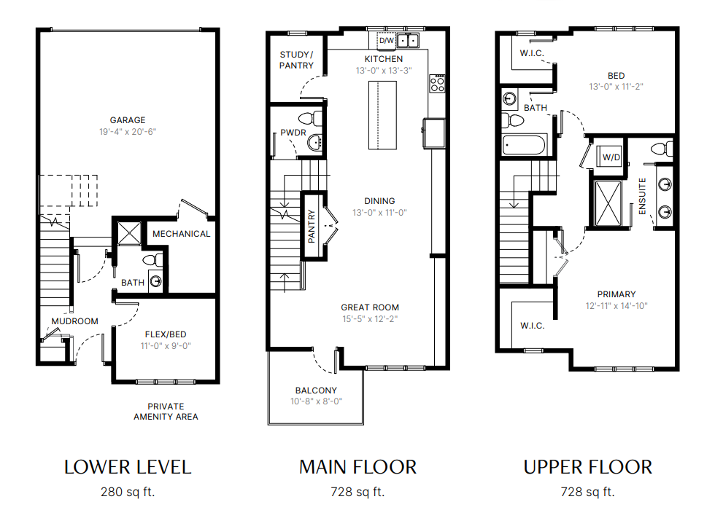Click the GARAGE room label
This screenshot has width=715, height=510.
[x=128, y=120]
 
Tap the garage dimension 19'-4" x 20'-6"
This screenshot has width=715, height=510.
[x=128, y=132]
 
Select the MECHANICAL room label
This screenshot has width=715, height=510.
[x=182, y=234]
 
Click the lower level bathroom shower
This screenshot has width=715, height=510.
[x=130, y=233]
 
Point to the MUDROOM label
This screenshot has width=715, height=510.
[x=74, y=321]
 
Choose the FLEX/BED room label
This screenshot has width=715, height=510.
[x=166, y=334]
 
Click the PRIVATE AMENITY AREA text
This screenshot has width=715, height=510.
[x=166, y=411]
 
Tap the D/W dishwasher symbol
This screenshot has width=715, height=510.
[x=386, y=41]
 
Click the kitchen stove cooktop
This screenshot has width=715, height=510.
[x=437, y=83]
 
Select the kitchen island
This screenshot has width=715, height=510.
[x=382, y=115]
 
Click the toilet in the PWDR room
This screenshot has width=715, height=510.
[x=311, y=119]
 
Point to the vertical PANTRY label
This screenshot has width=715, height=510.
[x=312, y=227]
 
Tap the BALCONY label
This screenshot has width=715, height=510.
[x=316, y=391]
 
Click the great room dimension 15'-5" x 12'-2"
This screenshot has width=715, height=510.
[x=371, y=319]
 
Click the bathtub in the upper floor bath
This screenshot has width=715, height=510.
[x=524, y=146]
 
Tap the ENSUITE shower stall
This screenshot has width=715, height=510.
[x=608, y=203]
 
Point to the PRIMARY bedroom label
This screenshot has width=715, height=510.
[x=617, y=294]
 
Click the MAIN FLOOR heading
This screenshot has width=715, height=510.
[x=358, y=467]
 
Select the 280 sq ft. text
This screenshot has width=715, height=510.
[x=128, y=492]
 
